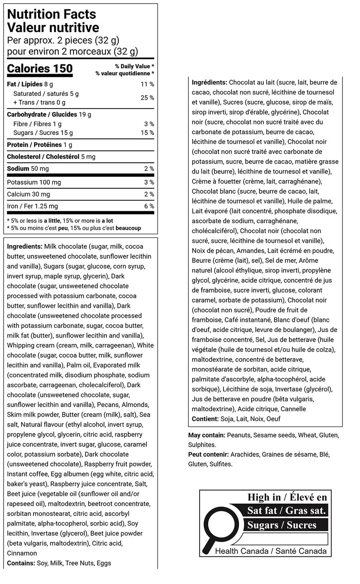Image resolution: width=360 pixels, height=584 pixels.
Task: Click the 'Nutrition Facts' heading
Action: tap(52, 14)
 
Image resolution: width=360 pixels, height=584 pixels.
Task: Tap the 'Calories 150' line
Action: tap(40, 69)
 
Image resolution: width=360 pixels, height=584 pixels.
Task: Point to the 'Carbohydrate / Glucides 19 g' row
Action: tap(49, 114)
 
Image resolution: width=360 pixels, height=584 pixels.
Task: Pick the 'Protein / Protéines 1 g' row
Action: tap(40, 145)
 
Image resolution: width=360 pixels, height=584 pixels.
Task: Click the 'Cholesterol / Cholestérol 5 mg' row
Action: tap(51, 157)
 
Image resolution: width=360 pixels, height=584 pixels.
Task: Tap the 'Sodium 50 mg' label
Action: tap(28, 169)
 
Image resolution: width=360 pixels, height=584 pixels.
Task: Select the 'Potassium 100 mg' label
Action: tap(34, 182)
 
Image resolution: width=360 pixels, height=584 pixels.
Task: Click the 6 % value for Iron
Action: tap(149, 206)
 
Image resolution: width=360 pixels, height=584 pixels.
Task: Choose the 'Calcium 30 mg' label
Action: tap(28, 194)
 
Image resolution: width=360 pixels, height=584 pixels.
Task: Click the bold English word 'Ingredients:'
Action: tap(24, 246)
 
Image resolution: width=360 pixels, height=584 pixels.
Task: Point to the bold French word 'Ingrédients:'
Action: tap(209, 82)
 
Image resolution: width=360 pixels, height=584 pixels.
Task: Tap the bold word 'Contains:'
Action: tap(21, 563)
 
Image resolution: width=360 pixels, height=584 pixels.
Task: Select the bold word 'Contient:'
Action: tap(205, 419)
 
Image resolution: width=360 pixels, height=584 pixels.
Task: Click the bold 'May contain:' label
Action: tap(206, 435)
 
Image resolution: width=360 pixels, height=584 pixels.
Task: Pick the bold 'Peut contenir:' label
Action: tap(208, 454)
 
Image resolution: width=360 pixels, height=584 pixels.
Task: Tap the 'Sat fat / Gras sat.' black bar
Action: tap(286, 511)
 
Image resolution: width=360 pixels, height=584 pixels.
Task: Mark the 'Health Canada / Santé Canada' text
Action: tap(270, 551)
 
